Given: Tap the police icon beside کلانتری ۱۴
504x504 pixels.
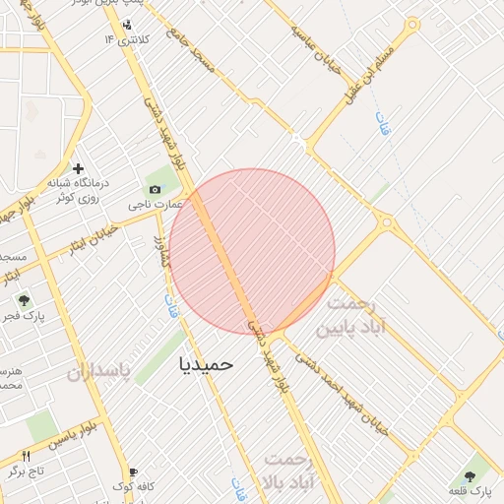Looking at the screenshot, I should (127, 25).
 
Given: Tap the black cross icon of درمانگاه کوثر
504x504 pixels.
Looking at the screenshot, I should (79, 168).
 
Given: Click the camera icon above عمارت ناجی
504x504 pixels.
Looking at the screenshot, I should (155, 189).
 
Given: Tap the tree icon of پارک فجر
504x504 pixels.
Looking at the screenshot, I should (24, 300).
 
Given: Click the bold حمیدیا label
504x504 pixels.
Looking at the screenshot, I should (207, 363).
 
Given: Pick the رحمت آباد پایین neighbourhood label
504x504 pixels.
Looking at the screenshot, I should (356, 315).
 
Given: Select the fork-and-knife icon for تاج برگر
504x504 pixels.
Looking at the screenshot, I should (27, 456).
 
